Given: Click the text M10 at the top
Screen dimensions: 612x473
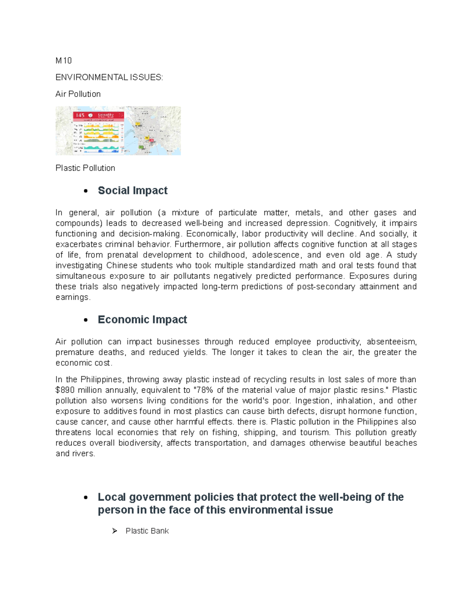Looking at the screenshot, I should point(63,61).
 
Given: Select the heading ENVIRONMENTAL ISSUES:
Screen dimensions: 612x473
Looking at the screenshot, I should point(109,77).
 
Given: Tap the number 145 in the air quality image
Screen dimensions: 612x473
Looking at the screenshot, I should point(80,115).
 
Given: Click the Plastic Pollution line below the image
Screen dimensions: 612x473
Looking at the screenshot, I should point(85,168).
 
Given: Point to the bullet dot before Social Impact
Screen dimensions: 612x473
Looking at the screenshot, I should point(86,191).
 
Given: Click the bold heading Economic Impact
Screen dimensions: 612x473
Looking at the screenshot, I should point(142,320).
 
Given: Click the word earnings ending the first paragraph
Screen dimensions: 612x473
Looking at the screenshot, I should point(72,297).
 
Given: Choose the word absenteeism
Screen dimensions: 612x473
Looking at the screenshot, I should point(391,341).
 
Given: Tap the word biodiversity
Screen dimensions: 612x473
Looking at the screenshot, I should point(140,443).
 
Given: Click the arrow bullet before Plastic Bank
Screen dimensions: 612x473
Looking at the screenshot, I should point(115,531).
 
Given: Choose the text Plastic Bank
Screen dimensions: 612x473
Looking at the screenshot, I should point(147,531).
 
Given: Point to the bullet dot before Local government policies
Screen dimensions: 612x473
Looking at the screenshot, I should point(86,498).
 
